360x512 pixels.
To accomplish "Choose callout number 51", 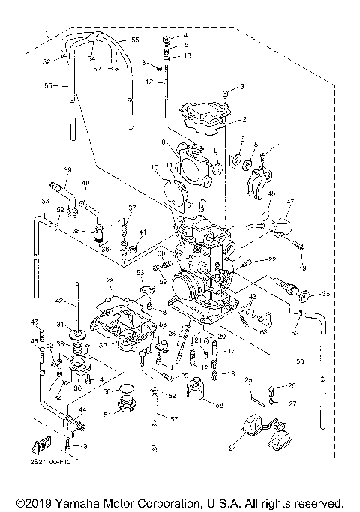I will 106,414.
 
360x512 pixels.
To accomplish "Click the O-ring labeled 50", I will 128,390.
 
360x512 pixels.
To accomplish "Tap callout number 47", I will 291,202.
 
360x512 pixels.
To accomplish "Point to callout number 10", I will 155,167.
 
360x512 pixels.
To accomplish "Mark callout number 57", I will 175,418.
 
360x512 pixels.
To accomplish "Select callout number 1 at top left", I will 46,34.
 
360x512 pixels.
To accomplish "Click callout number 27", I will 292,403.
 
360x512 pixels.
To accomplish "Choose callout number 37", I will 132,208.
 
